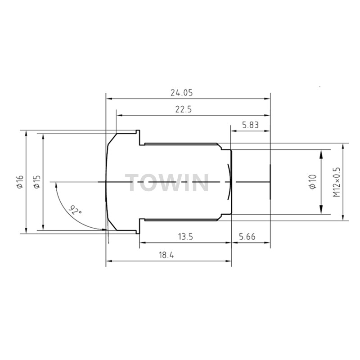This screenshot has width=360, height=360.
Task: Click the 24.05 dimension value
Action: [182, 93]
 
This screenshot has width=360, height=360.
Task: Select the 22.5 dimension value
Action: [184, 109]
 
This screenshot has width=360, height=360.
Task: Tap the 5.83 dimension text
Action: [251, 125]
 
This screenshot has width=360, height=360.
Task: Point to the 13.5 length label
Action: [185, 237]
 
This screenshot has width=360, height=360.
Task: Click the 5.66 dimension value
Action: [247, 237]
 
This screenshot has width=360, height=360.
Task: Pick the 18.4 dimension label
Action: [166, 255]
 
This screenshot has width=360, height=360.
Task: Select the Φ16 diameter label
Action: [20, 182]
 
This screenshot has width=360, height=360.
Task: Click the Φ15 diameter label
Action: [37, 182]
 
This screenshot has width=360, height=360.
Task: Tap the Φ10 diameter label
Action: [313, 182]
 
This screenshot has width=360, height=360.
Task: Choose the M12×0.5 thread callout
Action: [336, 182]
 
